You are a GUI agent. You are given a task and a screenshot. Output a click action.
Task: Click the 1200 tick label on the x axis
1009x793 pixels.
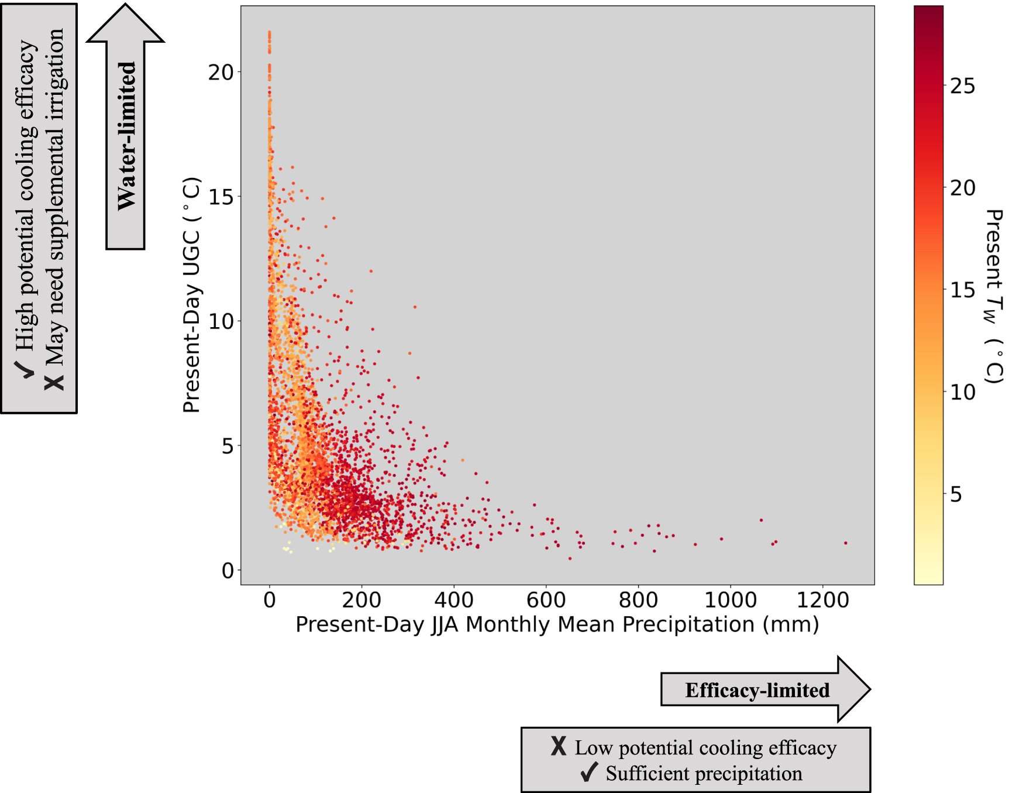(822, 600)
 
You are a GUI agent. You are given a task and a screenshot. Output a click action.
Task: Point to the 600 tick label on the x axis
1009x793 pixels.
(546, 600)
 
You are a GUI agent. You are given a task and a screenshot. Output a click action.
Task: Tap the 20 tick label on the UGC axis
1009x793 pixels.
(221, 73)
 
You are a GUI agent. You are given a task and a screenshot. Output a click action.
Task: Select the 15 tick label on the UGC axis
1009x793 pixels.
(221, 197)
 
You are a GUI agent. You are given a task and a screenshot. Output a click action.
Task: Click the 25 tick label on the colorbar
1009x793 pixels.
(962, 86)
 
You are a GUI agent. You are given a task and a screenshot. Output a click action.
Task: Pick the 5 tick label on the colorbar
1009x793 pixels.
(956, 495)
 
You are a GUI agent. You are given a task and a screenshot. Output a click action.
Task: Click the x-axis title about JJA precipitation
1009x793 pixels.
(557, 624)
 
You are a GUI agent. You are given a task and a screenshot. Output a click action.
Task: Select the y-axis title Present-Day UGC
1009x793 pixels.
(192, 295)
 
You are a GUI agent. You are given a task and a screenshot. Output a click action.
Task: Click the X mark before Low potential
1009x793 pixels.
(559, 746)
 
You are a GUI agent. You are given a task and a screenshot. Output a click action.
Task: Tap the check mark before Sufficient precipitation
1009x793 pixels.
(589, 773)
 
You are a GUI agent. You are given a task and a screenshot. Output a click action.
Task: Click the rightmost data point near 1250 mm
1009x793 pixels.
(846, 543)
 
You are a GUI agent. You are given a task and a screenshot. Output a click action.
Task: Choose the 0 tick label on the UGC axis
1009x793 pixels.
(228, 571)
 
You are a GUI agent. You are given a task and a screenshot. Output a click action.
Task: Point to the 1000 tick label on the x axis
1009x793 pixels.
(730, 600)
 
